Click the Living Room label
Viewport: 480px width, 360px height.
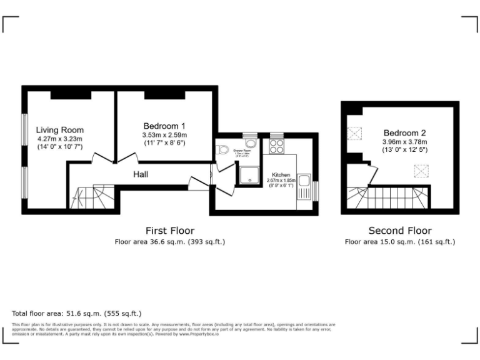pos(59,130)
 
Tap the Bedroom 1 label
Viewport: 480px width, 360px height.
pos(164,125)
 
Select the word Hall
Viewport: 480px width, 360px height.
pos(140,175)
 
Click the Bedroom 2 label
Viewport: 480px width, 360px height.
pos(404,132)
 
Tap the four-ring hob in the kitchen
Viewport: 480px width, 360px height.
pos(277,146)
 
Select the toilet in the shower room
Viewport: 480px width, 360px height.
pos(223,150)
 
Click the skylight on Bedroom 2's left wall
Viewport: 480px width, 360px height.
pos(356,133)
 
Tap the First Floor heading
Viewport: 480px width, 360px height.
pos(169,230)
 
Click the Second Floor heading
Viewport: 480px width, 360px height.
pos(400,230)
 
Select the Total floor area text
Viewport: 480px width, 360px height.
pos(77,313)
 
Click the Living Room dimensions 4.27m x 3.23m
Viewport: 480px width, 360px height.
pos(59,139)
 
